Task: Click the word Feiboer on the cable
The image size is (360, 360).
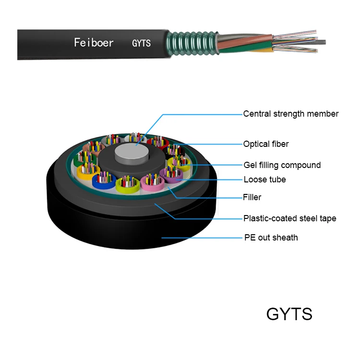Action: click(x=94, y=43)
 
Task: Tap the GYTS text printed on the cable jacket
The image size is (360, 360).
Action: click(x=141, y=43)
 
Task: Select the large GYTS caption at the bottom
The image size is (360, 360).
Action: click(x=289, y=314)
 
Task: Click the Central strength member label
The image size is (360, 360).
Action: click(x=290, y=114)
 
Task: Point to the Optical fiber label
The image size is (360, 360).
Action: click(x=265, y=144)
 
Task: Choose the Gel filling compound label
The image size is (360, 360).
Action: click(x=282, y=165)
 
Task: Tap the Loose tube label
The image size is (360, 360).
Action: click(x=264, y=180)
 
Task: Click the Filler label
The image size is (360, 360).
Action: click(x=252, y=197)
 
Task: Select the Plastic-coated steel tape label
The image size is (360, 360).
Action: click(x=289, y=218)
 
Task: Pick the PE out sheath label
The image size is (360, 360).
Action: click(x=270, y=238)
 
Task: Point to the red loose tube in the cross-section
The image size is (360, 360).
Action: click(x=156, y=142)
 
